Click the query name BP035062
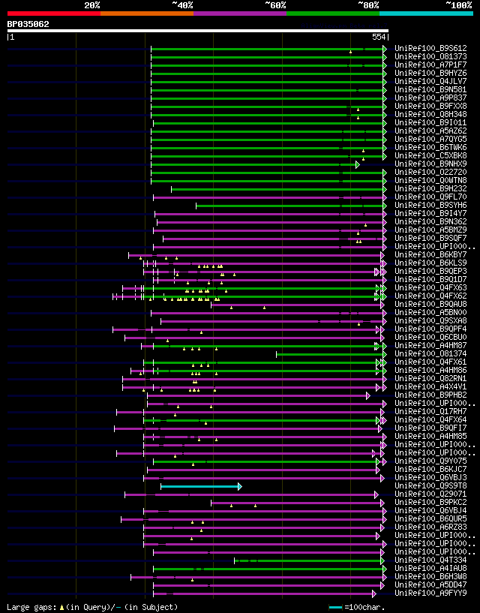click(28, 24)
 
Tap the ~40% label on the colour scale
click(182, 5)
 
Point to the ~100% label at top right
click(459, 5)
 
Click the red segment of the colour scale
click(53, 14)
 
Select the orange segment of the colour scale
click(146, 14)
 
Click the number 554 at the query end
click(379, 37)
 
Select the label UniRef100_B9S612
click(430, 48)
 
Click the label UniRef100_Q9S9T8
click(430, 486)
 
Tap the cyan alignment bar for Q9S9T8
click(200, 486)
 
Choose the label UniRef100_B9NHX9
click(430, 164)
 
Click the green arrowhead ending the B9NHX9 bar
click(358, 164)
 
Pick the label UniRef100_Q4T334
click(430, 560)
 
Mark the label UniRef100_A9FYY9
click(430, 593)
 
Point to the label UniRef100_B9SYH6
click(430, 205)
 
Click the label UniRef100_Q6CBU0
click(430, 338)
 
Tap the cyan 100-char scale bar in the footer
click(335, 606)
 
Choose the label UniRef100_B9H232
click(430, 188)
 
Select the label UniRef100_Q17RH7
click(430, 412)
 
